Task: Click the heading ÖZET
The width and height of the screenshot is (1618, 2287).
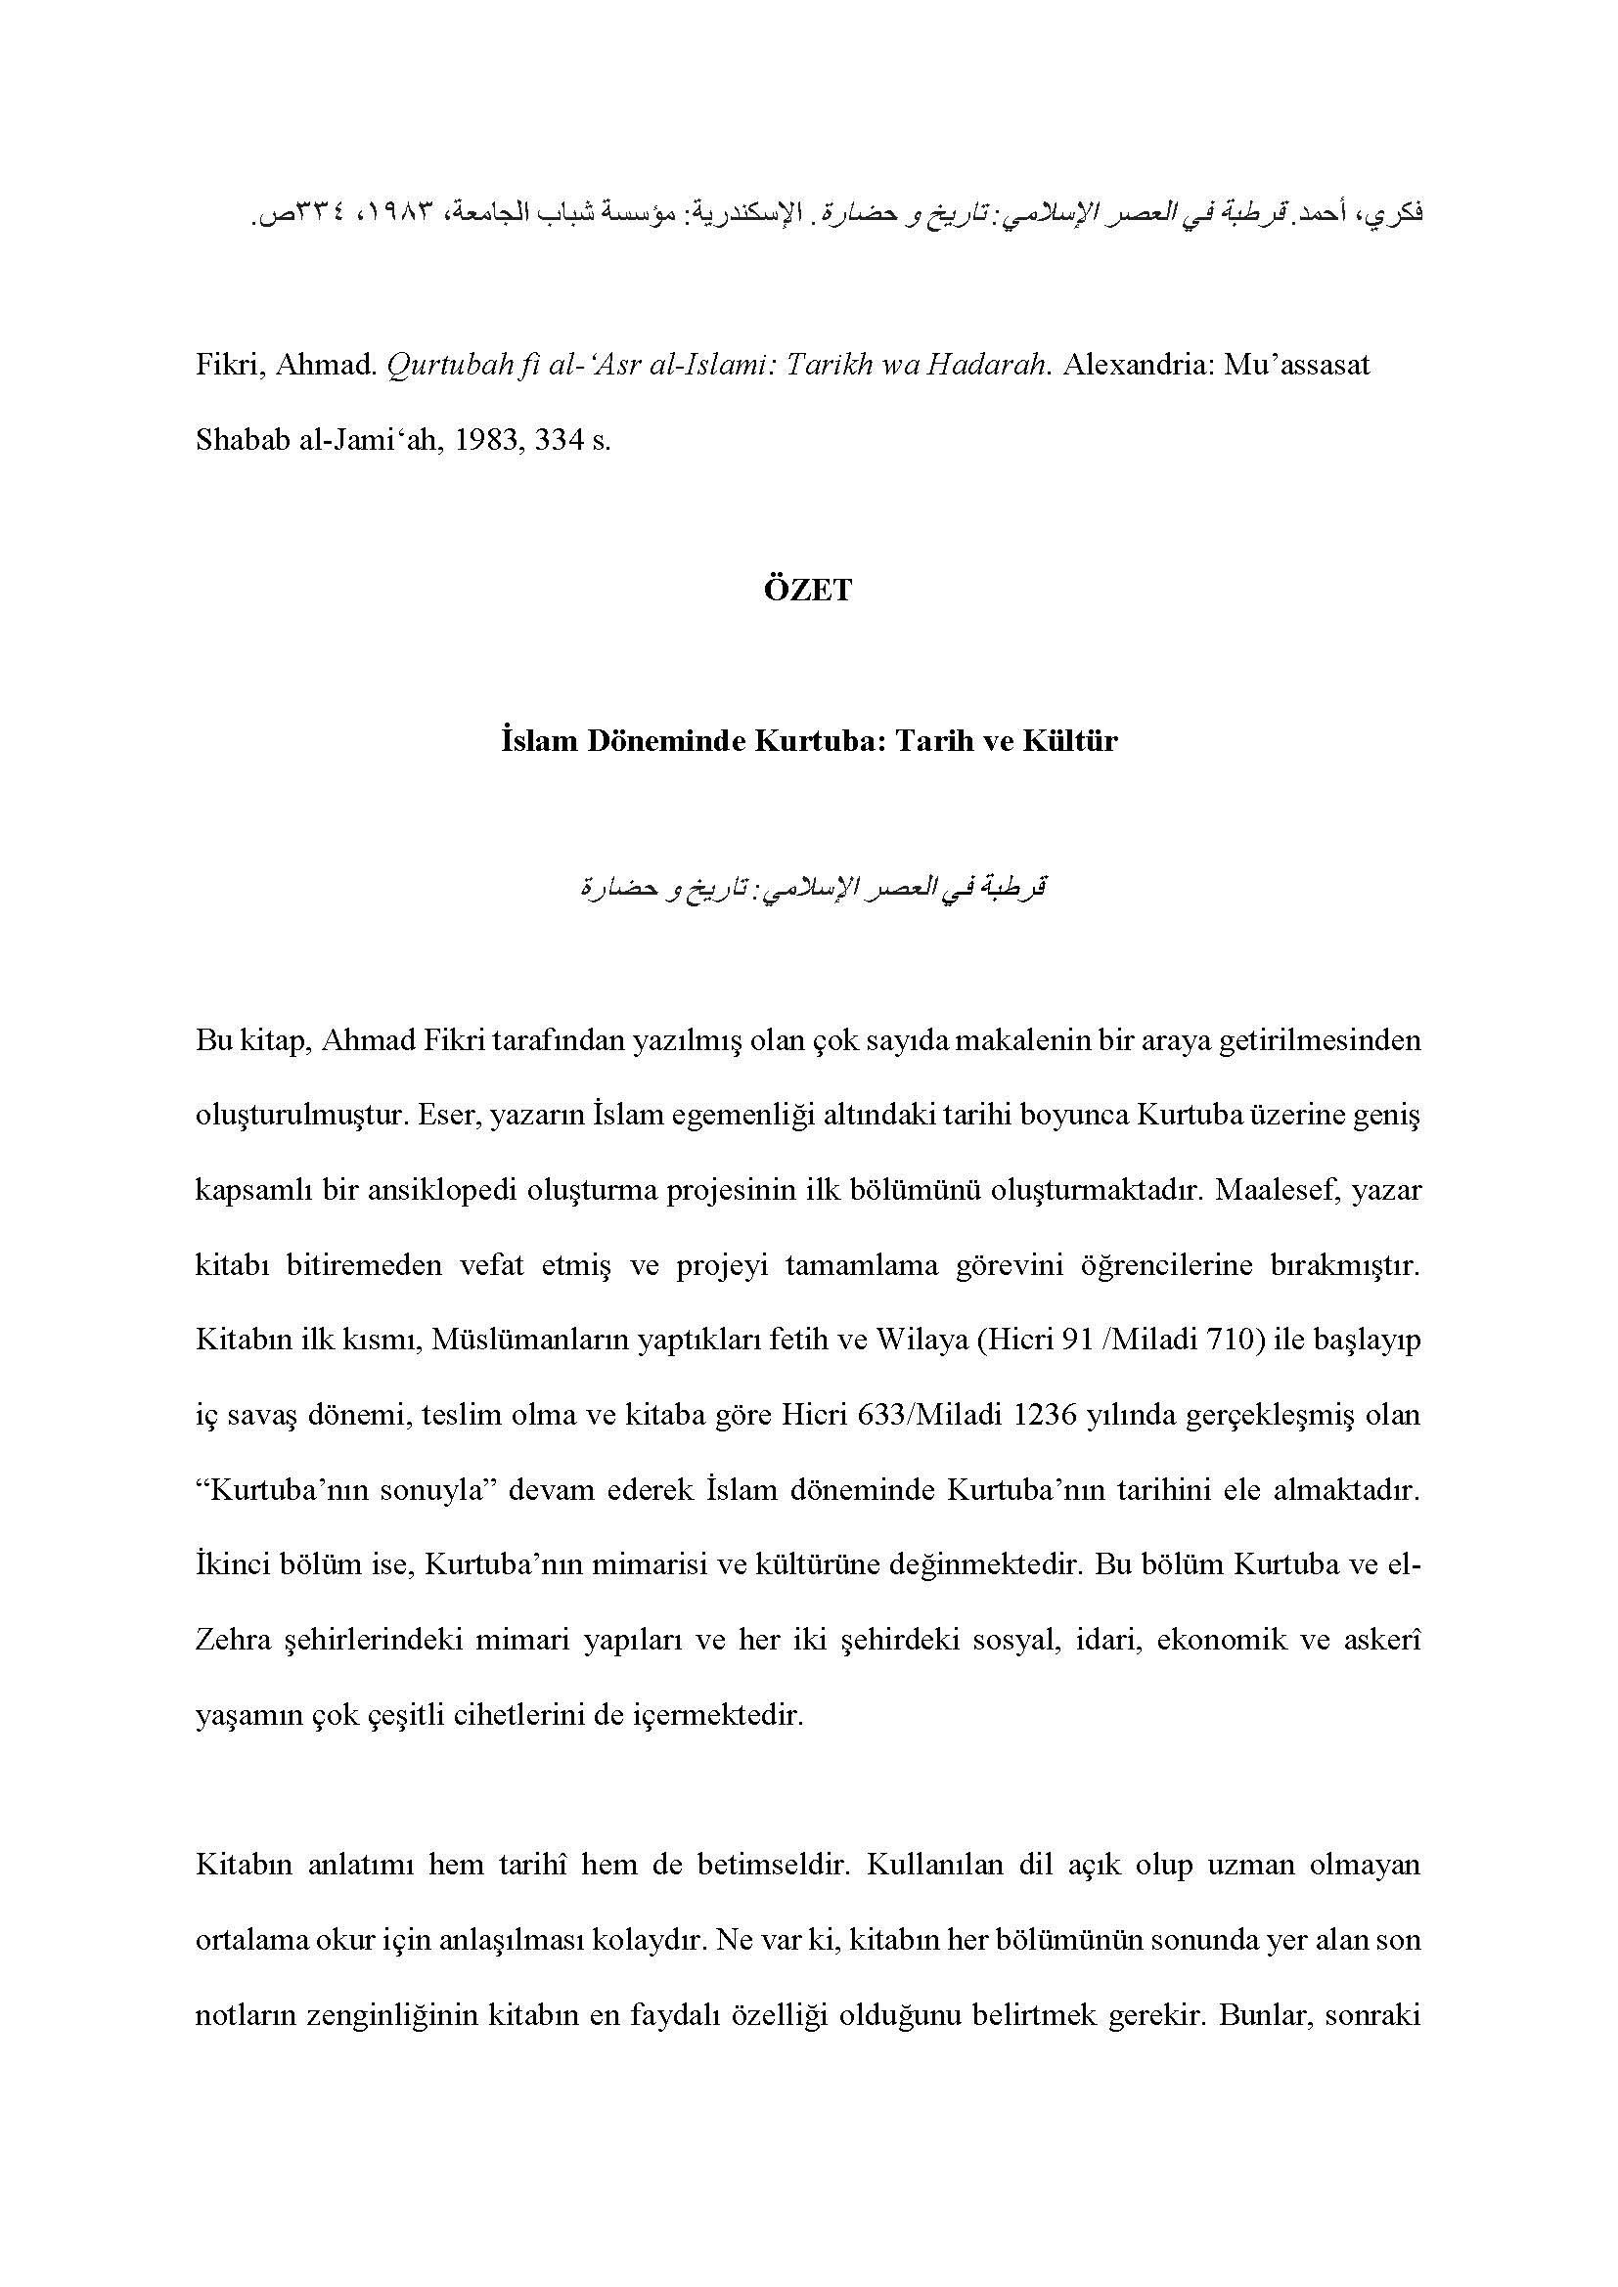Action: pos(808,591)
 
